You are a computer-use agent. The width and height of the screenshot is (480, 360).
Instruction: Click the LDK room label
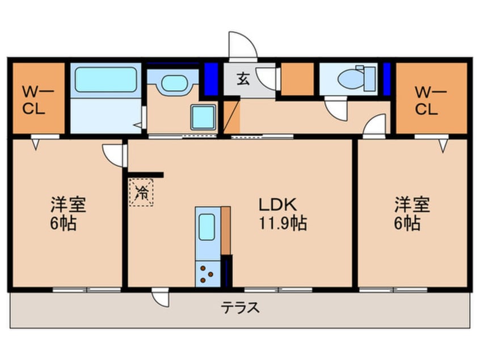point(277,204)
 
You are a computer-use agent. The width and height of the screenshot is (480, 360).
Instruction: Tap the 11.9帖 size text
point(283,223)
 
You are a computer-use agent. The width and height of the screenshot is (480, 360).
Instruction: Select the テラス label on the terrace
point(241,307)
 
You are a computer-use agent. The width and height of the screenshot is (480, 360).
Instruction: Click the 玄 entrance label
point(243,79)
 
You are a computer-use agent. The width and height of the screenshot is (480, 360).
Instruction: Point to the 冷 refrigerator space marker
point(141,192)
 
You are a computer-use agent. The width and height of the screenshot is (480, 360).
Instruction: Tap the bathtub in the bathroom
point(106,79)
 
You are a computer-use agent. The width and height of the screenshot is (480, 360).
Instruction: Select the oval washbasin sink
point(174,83)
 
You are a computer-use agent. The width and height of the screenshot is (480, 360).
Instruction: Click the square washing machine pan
point(203,117)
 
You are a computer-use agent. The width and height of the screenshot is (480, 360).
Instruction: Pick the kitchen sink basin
point(207,227)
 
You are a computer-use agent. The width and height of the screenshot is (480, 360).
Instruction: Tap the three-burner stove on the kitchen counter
point(207,274)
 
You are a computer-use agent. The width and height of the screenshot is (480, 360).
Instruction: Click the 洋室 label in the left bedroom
point(69,204)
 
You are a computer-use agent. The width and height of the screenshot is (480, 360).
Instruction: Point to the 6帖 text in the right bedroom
point(407,223)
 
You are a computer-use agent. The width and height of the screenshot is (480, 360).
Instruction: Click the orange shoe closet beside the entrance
point(297,79)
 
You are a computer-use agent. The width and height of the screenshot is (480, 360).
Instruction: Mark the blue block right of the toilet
point(387,79)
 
